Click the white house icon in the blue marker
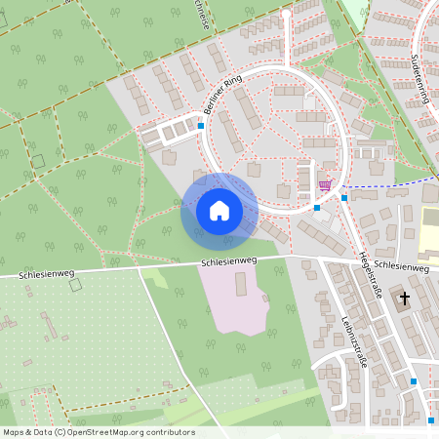219,210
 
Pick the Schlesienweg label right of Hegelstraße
400,264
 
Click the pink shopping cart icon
325,184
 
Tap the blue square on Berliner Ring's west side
201,125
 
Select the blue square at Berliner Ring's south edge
317,207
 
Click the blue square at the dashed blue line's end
344,197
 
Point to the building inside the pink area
241,285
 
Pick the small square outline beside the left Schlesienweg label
75,286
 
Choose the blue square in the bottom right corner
430,419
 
